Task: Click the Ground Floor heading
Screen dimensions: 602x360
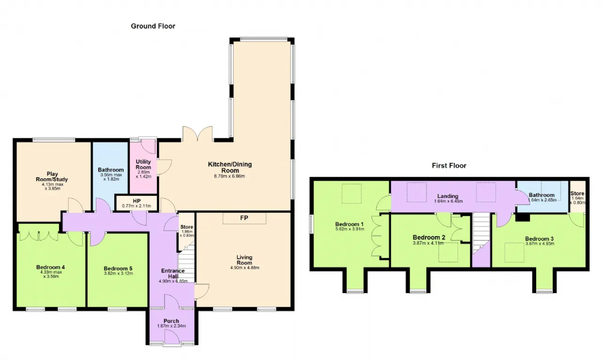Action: coord(153,26)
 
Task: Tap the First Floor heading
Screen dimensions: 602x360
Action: coord(449,166)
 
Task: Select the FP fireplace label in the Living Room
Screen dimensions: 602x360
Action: coord(244,218)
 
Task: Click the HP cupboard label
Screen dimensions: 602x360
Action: coord(136,201)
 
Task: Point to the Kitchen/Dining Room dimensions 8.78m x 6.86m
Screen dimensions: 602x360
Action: coord(229,176)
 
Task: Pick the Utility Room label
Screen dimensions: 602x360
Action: coord(143,164)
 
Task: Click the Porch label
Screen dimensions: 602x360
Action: coord(171,321)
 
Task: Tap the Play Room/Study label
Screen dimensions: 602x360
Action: coord(52,176)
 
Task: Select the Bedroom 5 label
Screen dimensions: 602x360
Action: coord(118,269)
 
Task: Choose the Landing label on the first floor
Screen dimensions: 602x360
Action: coord(448,196)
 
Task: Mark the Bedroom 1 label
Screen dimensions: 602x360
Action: coord(349,224)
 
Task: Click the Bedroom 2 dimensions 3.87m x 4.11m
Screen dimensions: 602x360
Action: coord(428,243)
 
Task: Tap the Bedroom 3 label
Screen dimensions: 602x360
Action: coord(539,239)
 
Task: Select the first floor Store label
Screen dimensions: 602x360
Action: coord(577,193)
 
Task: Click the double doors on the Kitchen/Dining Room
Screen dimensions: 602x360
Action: coord(198,134)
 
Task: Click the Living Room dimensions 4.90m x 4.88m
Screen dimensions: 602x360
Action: coord(245,268)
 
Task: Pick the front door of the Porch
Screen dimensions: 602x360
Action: coord(172,337)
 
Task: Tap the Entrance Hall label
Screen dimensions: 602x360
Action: coord(173,273)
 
